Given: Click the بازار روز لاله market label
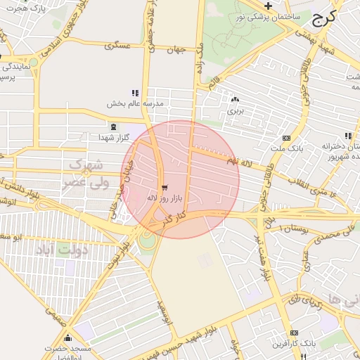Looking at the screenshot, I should [164, 199].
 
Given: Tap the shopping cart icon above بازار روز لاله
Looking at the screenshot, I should [165, 188].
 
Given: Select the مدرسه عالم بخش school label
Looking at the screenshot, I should [134, 103].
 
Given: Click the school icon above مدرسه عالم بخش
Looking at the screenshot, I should [135, 93].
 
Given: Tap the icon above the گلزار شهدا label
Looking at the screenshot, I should [112, 126].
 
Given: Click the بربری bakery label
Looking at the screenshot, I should [234, 110].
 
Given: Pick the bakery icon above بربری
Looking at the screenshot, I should [234, 100].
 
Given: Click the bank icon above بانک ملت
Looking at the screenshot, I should [286, 139].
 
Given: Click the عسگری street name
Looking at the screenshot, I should [117, 46].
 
